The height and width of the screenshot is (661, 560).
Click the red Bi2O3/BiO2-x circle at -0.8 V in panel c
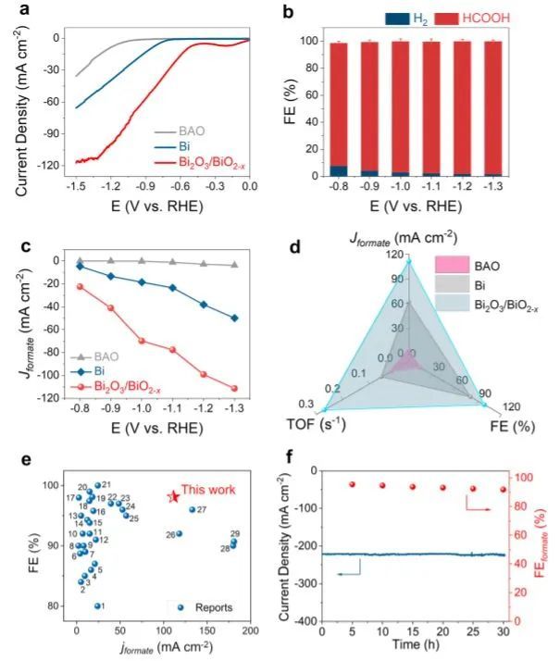click(81, 286)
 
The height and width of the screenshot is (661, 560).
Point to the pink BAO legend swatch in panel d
click(451, 264)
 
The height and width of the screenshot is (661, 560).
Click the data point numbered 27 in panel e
click(193, 510)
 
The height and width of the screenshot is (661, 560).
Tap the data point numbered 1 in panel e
click(97, 605)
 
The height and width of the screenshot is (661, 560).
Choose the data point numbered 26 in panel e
click(180, 533)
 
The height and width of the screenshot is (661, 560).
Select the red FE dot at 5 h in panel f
click(352, 484)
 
